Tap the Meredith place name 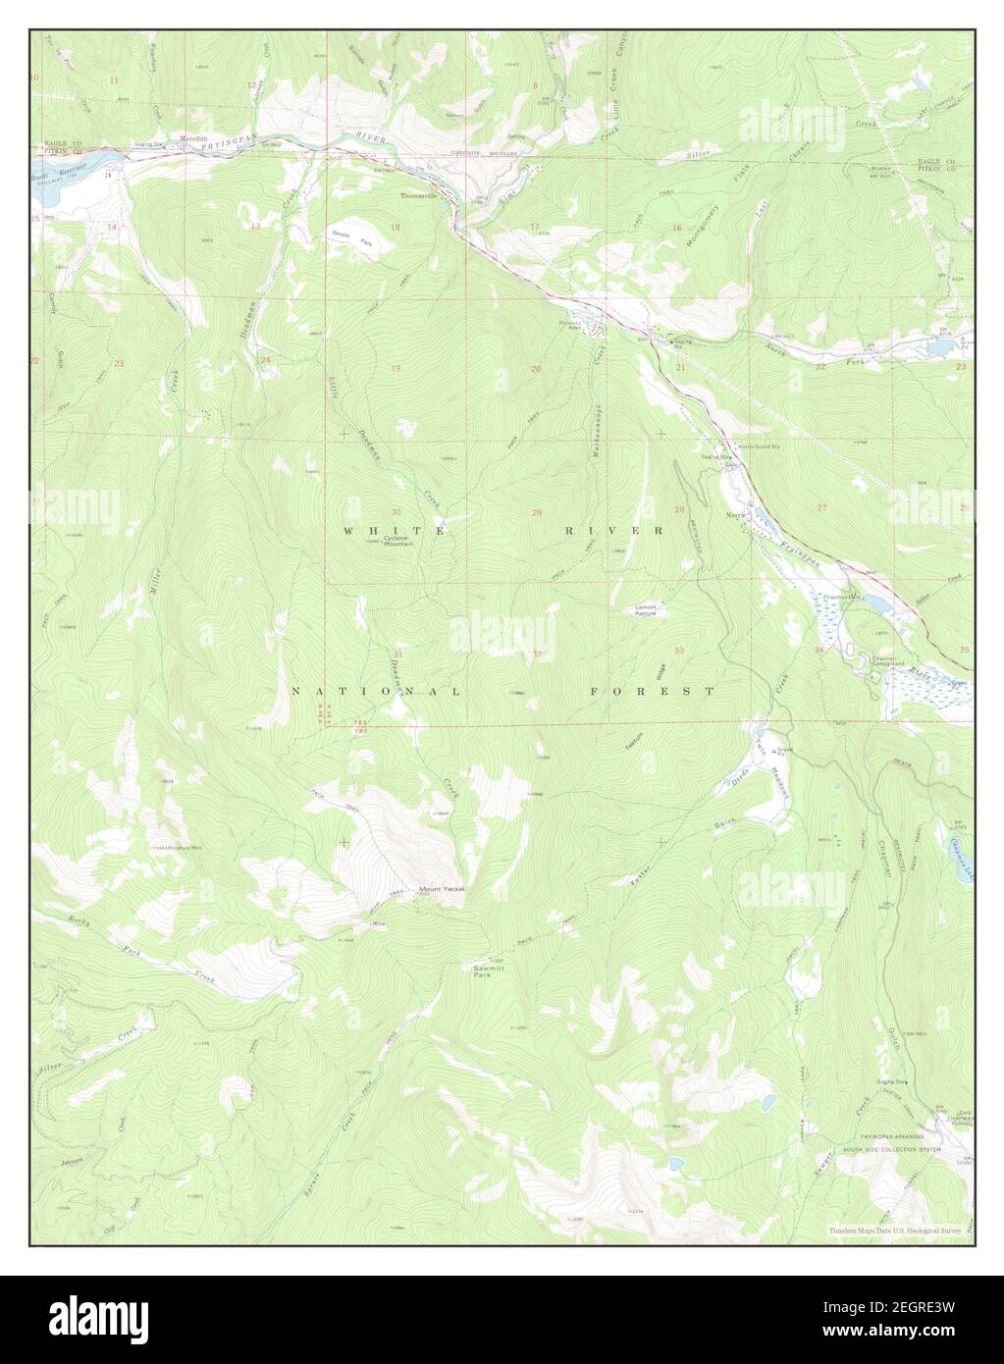(193, 139)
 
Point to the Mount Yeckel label (442, 889)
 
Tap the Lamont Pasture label (645, 610)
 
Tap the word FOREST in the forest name (653, 692)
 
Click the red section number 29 (537, 513)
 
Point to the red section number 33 (678, 651)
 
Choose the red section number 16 (676, 228)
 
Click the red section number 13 (254, 227)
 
